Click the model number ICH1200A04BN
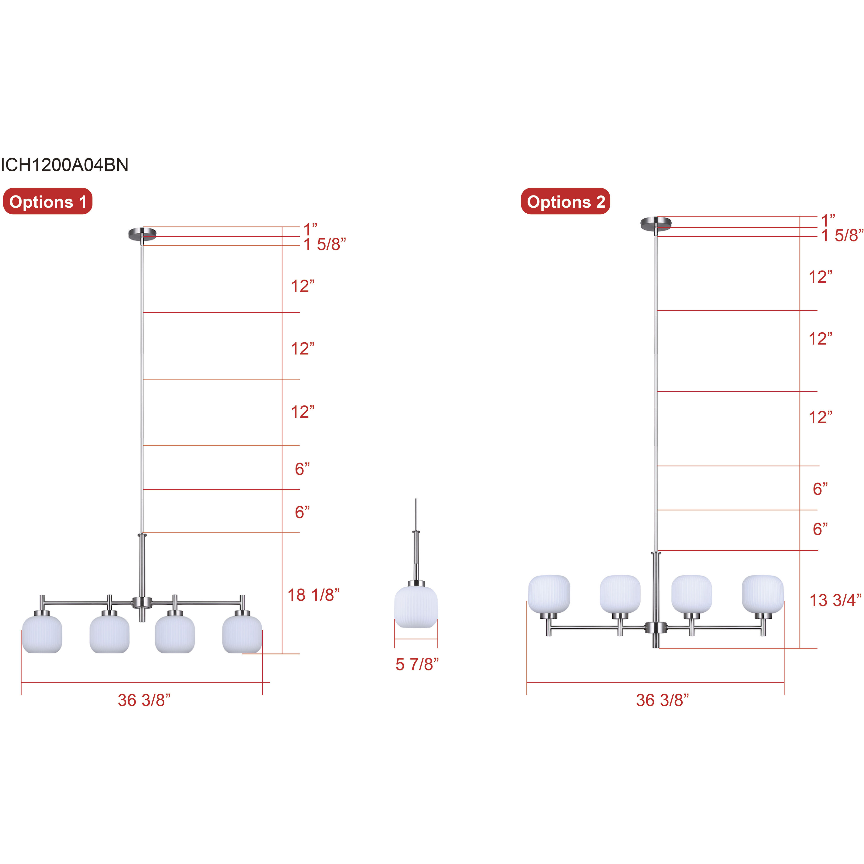point(65,165)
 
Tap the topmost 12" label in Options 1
point(303,286)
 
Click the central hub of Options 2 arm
point(656,628)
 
